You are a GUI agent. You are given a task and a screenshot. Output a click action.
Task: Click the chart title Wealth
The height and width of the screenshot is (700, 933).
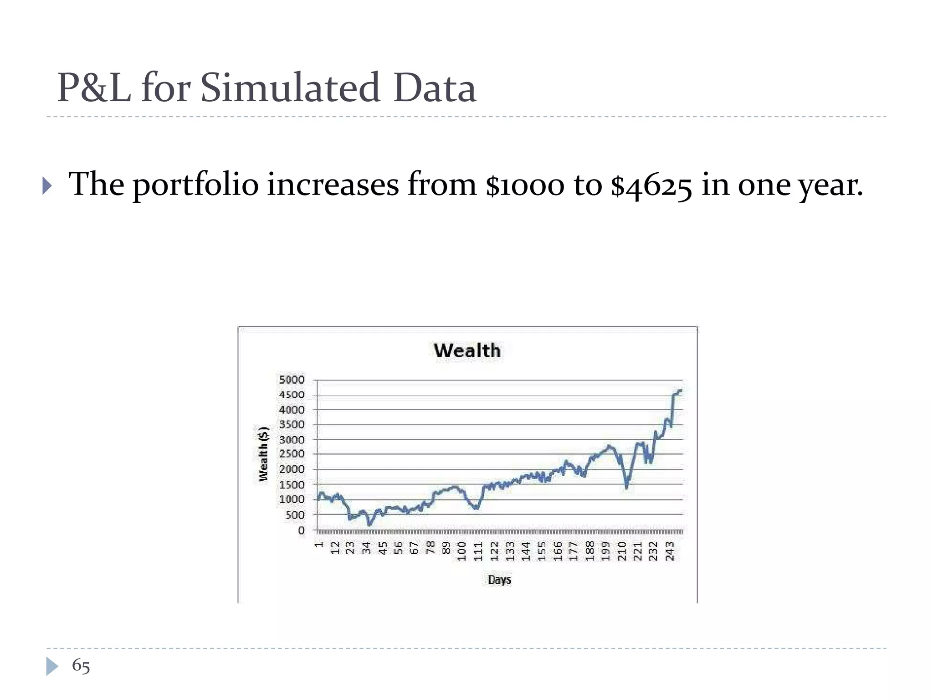467,351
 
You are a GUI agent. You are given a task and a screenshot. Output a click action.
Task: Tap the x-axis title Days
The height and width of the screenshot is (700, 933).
499,580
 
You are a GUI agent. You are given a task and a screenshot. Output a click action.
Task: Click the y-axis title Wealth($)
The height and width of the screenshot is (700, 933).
263,453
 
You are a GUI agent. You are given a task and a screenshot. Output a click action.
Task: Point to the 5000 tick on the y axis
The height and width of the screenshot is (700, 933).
292,380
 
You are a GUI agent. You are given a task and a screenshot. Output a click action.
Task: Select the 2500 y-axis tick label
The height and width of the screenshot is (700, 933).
292,454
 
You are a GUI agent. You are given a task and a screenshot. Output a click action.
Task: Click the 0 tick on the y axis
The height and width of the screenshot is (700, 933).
301,530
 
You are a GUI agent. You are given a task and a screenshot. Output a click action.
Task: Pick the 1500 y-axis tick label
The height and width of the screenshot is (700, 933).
292,485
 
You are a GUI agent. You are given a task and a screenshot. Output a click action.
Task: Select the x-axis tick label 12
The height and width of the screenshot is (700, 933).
335,548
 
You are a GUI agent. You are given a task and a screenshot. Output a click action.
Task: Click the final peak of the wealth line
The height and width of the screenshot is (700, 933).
680,391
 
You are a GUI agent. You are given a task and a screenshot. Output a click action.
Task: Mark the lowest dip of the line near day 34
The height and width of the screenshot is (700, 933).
369,525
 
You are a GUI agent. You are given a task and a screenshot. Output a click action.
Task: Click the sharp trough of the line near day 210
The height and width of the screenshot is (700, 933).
626,487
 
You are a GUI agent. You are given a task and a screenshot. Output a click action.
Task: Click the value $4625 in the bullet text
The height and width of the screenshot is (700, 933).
651,185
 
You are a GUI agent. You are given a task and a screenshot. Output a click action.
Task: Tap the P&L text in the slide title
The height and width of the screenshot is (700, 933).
94,87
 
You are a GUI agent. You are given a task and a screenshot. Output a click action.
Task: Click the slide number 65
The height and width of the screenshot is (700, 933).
81,666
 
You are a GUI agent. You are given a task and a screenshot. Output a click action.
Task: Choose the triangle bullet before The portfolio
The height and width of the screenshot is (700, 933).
47,186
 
